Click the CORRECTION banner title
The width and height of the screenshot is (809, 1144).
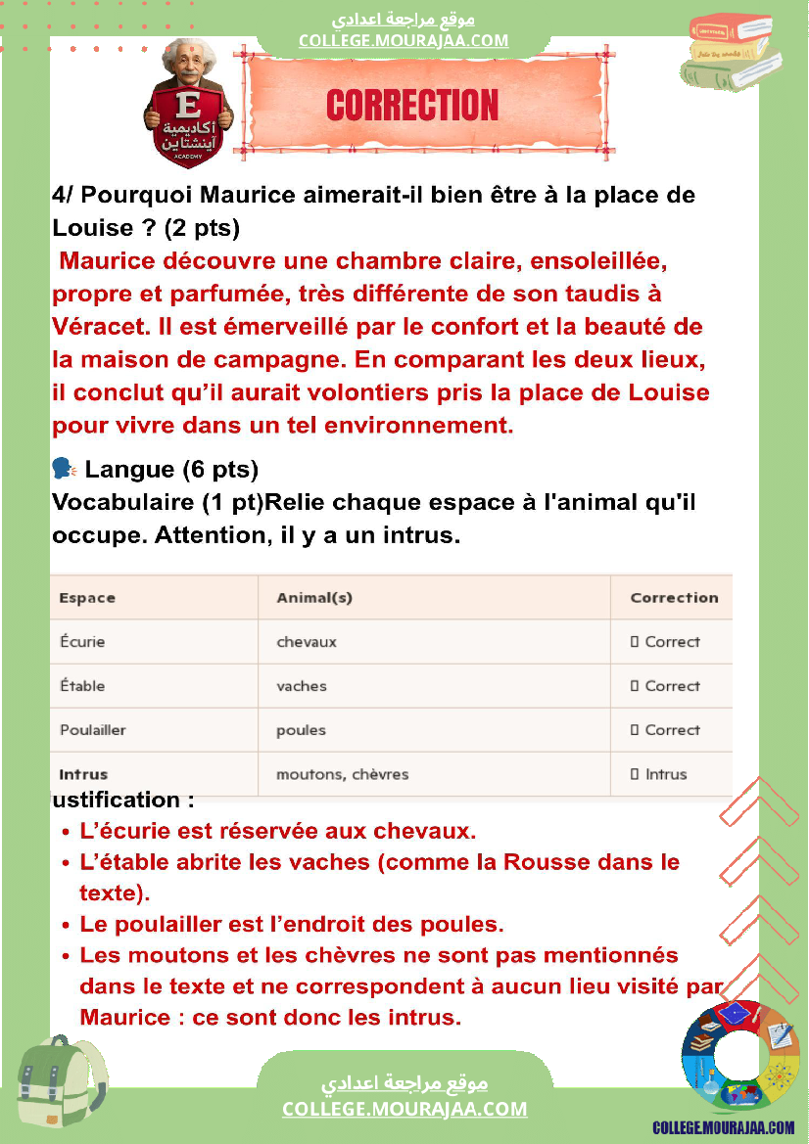pos(412,106)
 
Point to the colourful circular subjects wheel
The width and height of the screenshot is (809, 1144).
pos(740,1059)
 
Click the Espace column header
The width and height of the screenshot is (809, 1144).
pos(87,598)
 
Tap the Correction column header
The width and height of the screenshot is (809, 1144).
pos(674,598)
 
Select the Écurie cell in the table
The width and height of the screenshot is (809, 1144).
pos(82,642)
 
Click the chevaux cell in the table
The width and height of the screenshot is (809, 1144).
pos(307,642)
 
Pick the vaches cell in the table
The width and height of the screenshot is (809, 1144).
pos(302,686)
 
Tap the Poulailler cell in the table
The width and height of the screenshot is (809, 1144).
pos(93,730)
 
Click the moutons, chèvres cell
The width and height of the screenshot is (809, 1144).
pos(342,774)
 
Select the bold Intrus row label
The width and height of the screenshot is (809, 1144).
pos(83,774)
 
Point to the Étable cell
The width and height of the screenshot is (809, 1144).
pos(82,686)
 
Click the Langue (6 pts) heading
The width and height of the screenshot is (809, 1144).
pos(171,470)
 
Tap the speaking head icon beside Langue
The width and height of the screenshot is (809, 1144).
pos(63,470)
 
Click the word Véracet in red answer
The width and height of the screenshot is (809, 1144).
pos(96,326)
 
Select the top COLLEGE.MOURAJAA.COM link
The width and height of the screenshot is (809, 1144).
pos(404,40)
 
